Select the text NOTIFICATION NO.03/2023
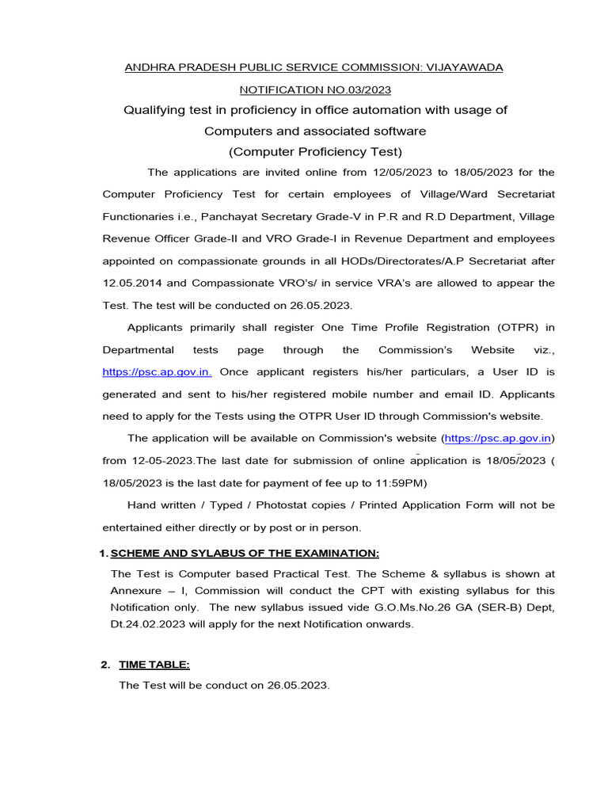pos(315,90)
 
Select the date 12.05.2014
pos(133,283)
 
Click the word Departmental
pos(137,349)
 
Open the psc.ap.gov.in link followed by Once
pos(157,371)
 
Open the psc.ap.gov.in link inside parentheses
pos(497,438)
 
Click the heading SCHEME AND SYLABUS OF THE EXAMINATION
pos(245,552)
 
